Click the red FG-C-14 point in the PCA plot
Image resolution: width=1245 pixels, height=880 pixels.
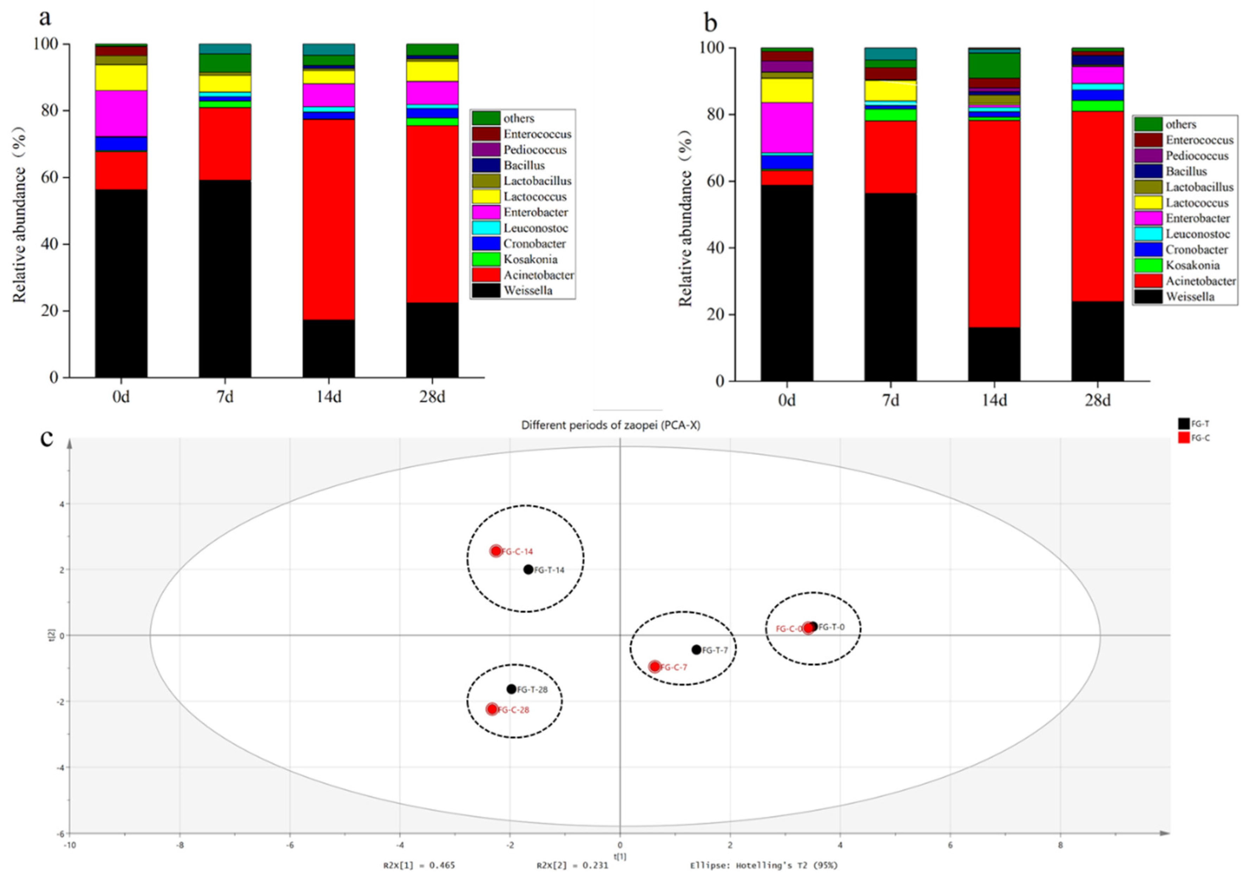(x=496, y=551)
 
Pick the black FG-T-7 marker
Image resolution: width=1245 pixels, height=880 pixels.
(x=696, y=650)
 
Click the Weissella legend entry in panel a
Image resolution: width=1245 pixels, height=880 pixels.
(x=528, y=291)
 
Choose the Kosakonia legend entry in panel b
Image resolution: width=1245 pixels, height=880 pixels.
(x=1192, y=266)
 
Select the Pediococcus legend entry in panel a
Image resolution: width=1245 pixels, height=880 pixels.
(x=534, y=149)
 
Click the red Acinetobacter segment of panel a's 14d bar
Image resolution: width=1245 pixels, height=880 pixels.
(x=329, y=217)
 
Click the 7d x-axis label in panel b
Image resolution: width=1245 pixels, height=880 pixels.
(x=890, y=401)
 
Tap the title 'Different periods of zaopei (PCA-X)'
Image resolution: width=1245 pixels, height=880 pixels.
(x=611, y=425)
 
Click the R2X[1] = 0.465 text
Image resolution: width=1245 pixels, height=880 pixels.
(x=419, y=865)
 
